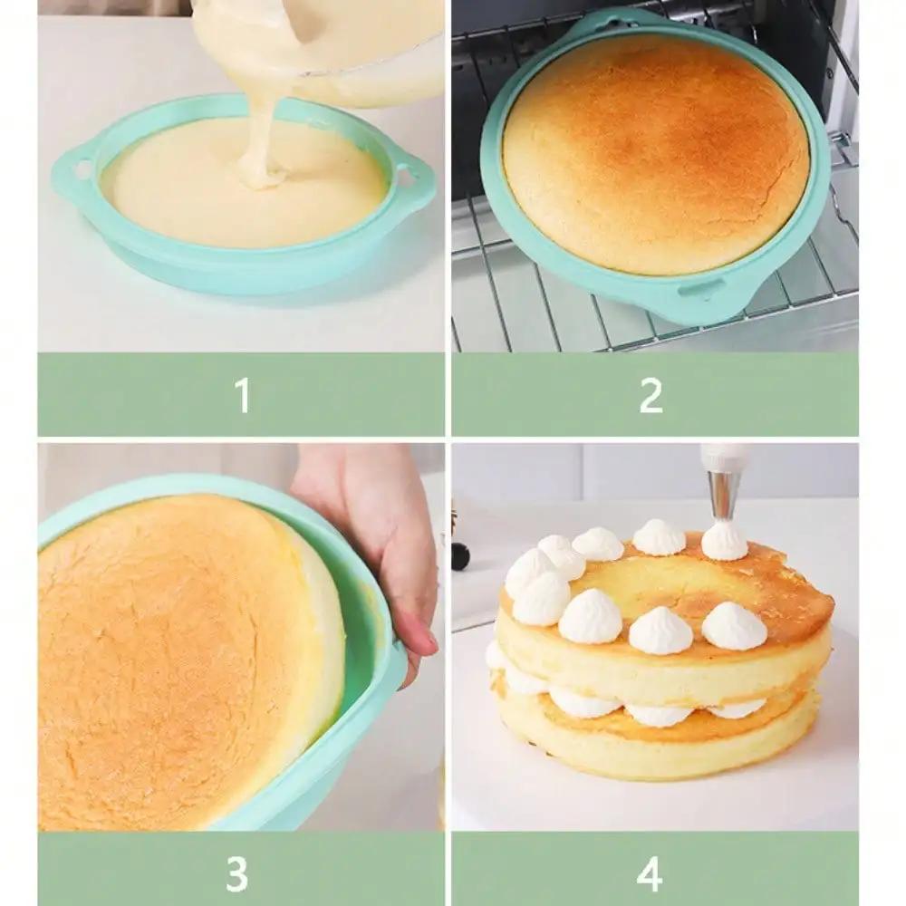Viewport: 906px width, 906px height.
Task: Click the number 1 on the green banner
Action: coord(241,395)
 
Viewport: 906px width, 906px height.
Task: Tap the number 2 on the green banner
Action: coord(651,395)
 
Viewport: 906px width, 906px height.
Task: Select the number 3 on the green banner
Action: coord(236,873)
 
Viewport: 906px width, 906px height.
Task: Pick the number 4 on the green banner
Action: coord(650,873)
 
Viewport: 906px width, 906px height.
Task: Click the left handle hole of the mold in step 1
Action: coord(82,169)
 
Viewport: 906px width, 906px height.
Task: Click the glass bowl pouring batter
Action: coord(362,45)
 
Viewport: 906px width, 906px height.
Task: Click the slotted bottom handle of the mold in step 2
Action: coord(701,290)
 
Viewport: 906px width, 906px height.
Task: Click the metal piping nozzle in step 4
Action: coord(724,495)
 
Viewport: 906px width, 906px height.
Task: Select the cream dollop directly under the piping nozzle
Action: coord(724,541)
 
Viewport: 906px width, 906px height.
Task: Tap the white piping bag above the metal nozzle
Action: coord(725,456)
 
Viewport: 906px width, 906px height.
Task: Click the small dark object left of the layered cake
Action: coord(460,554)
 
